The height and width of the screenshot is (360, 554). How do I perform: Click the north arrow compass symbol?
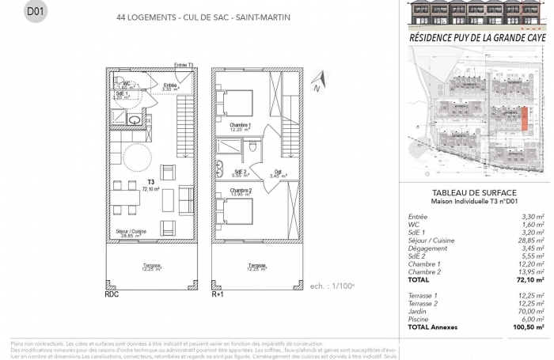point(317,81)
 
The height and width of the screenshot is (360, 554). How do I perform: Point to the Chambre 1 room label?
point(241,126)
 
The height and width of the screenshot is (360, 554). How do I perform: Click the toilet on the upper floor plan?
point(250,148)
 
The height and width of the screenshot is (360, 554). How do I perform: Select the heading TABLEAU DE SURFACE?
point(476,193)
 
